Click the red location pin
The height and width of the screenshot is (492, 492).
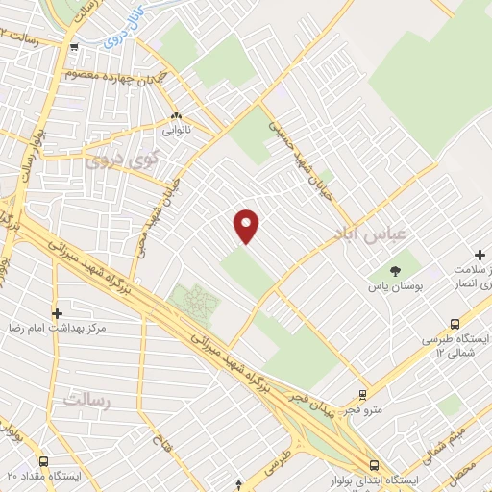pyautogui.click(x=247, y=226)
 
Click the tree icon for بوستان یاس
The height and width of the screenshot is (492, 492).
pyautogui.click(x=396, y=269)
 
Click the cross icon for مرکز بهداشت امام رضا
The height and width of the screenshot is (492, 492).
pyautogui.click(x=57, y=313)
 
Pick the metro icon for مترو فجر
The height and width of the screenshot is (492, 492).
pyautogui.click(x=362, y=393)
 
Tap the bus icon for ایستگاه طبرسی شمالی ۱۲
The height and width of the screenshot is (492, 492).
pyautogui.click(x=455, y=324)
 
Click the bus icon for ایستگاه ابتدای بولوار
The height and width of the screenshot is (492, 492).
pyautogui.click(x=374, y=463)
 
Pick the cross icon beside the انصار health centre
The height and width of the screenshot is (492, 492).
pyautogui.click(x=480, y=254)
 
